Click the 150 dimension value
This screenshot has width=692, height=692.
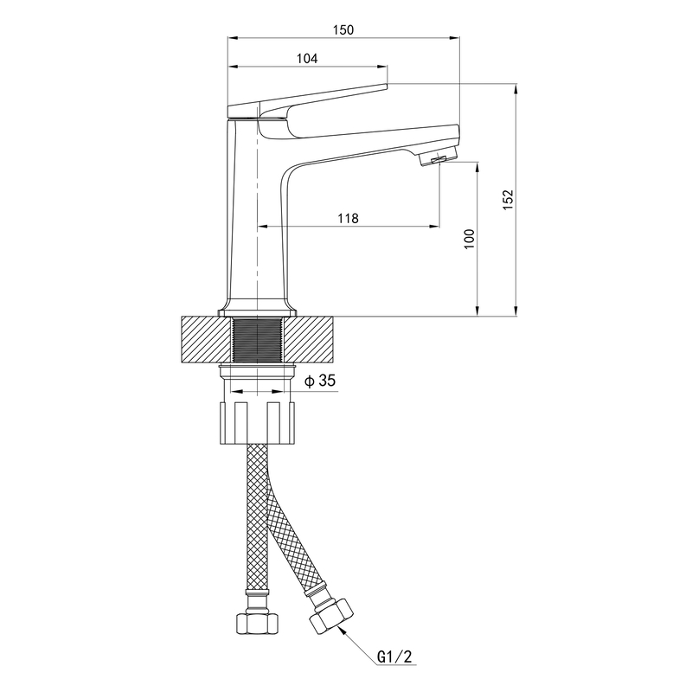click(x=344, y=30)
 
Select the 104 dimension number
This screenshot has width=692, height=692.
click(x=307, y=58)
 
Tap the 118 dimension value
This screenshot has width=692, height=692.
click(x=348, y=218)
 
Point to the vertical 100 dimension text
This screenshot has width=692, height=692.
click(x=470, y=240)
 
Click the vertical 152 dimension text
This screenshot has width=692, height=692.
click(x=509, y=199)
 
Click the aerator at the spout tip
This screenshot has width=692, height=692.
click(x=437, y=159)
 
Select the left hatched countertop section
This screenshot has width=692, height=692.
click(x=206, y=339)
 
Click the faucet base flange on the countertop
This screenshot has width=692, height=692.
click(x=258, y=309)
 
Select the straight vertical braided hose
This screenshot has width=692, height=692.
click(x=258, y=519)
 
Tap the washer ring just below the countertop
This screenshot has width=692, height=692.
click(x=258, y=373)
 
